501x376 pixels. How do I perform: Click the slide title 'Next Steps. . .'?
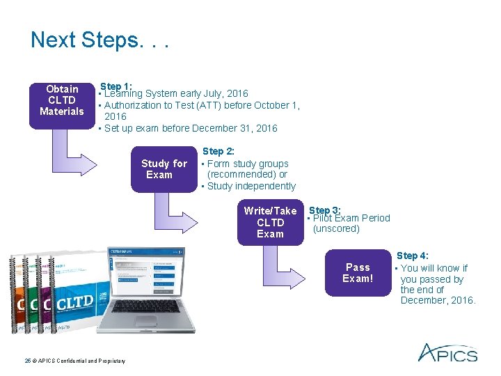[x=100, y=40]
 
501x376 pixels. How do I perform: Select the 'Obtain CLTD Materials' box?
[x=62, y=100]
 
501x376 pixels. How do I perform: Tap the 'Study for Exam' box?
[x=164, y=169]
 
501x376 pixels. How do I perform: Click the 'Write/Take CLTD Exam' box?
[x=270, y=222]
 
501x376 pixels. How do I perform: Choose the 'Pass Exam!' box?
[x=358, y=273]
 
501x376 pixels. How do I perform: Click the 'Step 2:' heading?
[x=218, y=151]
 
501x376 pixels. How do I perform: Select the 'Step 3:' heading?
[x=324, y=210]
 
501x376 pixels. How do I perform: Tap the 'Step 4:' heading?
[x=413, y=256]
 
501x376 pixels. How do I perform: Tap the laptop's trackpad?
[x=148, y=320]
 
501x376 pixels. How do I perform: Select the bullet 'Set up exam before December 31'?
[x=190, y=128]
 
